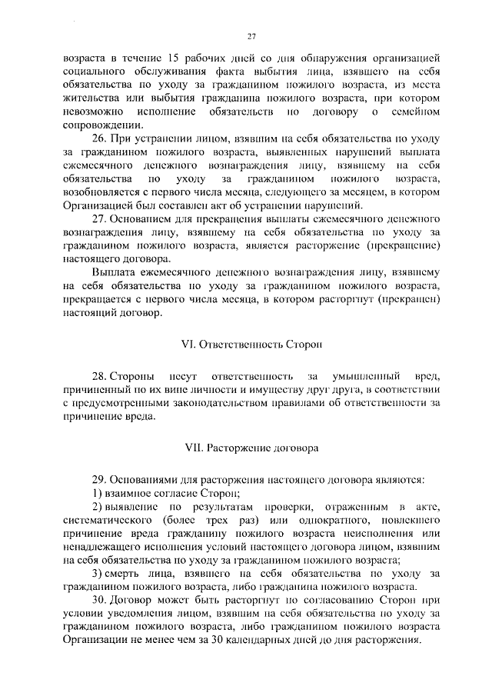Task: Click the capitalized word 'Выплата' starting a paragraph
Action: tap(115, 273)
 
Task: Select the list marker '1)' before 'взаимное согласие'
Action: tap(98, 492)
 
